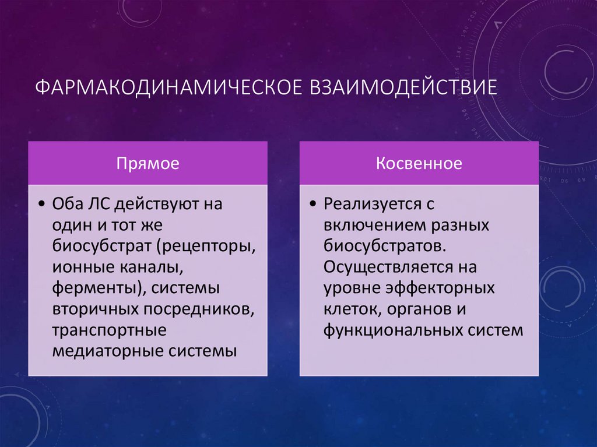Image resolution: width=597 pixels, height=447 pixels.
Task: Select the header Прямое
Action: click(148, 163)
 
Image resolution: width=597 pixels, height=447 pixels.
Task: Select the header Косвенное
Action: click(419, 163)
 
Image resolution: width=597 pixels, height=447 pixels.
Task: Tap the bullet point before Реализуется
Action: click(314, 205)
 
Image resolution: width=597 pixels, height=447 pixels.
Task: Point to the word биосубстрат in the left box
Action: click(101, 247)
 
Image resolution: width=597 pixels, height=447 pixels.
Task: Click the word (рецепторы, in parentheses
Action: click(205, 247)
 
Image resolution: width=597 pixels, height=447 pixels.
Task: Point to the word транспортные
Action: click(109, 330)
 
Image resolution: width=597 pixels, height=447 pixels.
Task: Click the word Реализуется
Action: click(373, 205)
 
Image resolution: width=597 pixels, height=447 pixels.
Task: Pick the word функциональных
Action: click(395, 330)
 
